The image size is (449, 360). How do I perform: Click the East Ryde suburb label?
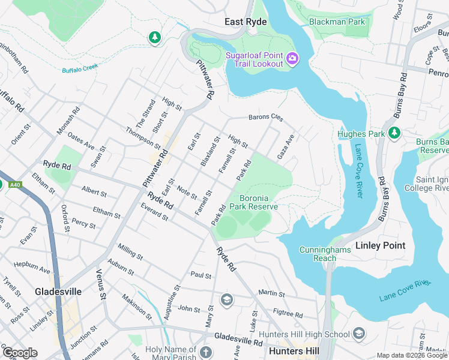click(246, 22)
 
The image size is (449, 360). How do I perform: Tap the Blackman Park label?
click(336, 22)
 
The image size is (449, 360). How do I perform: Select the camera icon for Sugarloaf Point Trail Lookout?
click(292, 58)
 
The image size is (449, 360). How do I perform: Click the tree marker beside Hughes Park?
click(394, 133)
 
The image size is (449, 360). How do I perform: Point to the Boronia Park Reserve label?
click(258, 202)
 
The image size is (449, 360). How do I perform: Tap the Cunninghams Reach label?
click(321, 254)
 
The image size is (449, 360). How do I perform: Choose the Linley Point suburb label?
click(380, 245)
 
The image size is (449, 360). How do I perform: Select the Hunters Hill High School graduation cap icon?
click(358, 333)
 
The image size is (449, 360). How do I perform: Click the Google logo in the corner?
click(20, 353)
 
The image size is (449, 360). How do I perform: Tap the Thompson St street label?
click(143, 138)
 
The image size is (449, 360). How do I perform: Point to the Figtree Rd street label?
click(288, 313)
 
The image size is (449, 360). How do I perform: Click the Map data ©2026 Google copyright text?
click(411, 355)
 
